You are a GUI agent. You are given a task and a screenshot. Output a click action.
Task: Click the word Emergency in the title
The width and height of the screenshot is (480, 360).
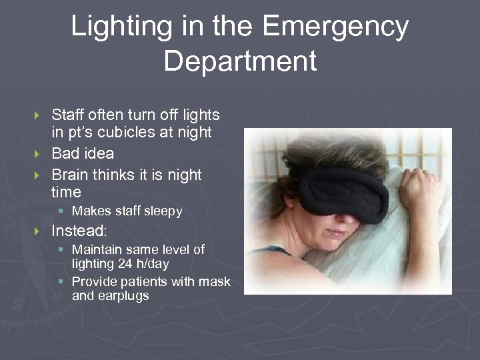click(x=335, y=27)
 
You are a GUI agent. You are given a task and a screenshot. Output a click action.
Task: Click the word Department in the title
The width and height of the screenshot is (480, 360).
click(x=240, y=61)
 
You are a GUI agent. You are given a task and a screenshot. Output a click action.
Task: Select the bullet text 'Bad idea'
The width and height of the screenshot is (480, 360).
click(x=82, y=153)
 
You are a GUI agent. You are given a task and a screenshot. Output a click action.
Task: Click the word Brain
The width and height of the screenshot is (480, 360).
click(x=71, y=175)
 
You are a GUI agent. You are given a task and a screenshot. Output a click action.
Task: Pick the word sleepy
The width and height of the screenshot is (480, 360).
click(x=161, y=211)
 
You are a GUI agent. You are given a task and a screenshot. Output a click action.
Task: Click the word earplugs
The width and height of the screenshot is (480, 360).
click(x=125, y=295)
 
